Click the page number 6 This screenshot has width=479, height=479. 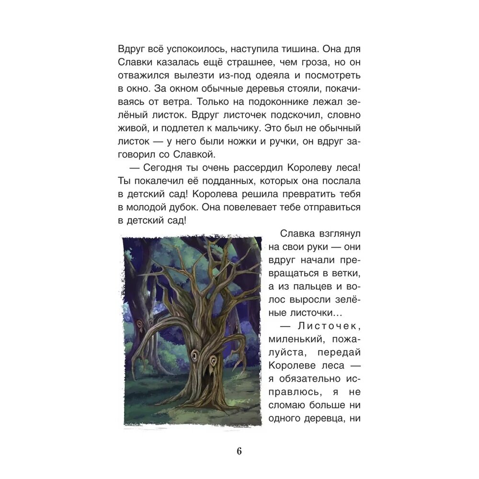tap(239, 451)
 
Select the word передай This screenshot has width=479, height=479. tap(346, 353)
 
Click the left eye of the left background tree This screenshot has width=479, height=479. tap(138, 324)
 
